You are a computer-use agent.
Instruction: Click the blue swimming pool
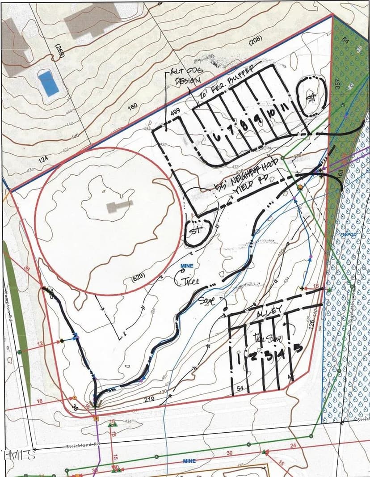point(48,83)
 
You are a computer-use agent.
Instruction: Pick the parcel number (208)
point(255,42)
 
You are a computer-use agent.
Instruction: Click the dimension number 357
point(338,84)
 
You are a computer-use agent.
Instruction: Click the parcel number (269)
point(59,52)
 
